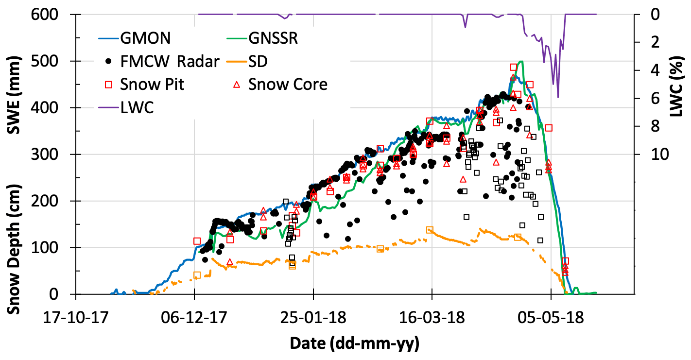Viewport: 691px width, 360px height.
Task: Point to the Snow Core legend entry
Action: [288, 84]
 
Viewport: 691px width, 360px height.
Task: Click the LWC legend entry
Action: [138, 107]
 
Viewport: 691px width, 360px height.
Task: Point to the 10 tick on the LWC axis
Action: [649, 154]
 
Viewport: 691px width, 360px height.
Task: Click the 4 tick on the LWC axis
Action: [645, 70]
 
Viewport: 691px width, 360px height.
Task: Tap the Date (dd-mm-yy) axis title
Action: [354, 343]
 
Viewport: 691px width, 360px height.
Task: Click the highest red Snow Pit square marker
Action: [513, 67]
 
